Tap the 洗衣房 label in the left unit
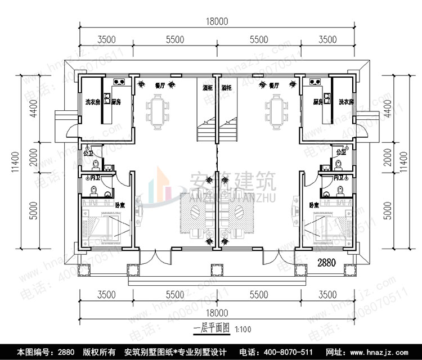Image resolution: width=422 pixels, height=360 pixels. click(92, 102)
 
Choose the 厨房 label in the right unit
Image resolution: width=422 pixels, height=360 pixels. click(320, 102)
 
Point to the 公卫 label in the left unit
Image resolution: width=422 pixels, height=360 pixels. click(88, 152)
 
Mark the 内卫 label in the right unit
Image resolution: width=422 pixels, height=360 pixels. click(338, 178)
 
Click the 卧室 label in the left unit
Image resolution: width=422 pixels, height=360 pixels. click(120, 205)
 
